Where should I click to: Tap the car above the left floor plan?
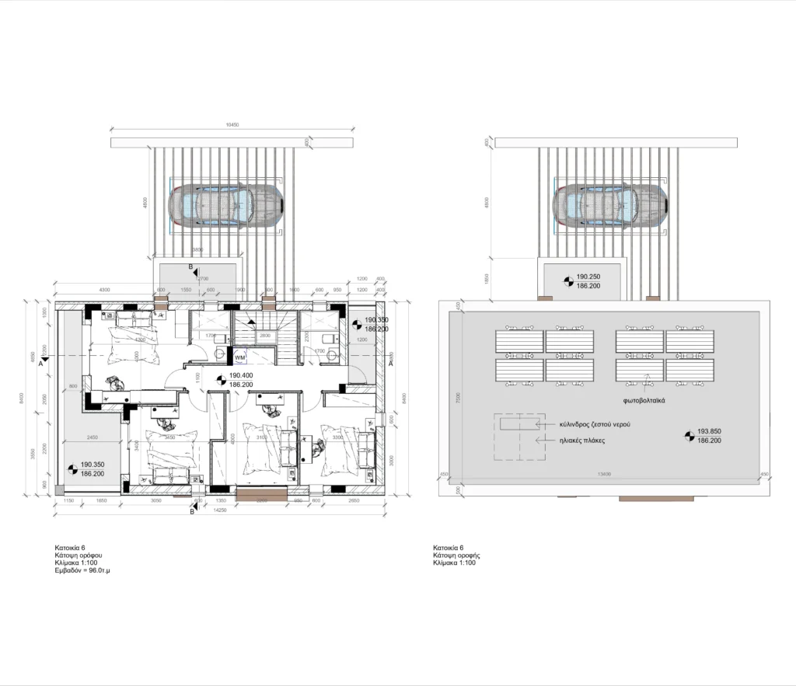225,206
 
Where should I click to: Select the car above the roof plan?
609,206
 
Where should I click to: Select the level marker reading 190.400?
240,374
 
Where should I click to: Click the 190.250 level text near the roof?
589,276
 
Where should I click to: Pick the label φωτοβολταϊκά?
643,402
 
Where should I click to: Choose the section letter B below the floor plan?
192,510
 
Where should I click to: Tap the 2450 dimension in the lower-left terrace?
91,437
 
